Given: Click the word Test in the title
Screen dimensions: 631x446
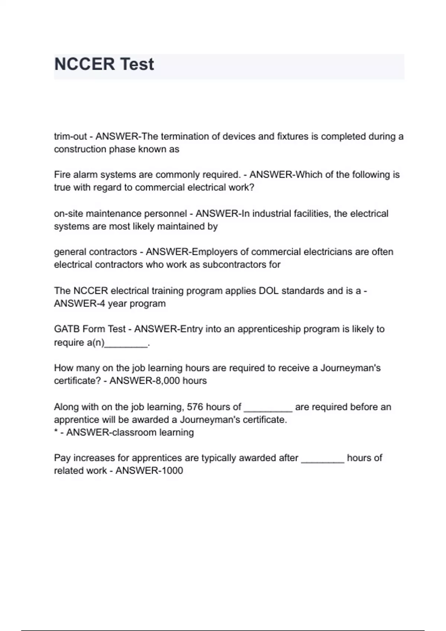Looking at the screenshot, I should (x=137, y=64).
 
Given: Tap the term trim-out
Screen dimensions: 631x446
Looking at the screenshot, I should (x=70, y=137).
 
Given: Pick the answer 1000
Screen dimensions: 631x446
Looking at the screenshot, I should (x=172, y=471).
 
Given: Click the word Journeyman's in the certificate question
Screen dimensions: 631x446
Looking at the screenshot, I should (x=350, y=368).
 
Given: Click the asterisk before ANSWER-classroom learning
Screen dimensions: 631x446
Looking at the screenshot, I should (x=56, y=432).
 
